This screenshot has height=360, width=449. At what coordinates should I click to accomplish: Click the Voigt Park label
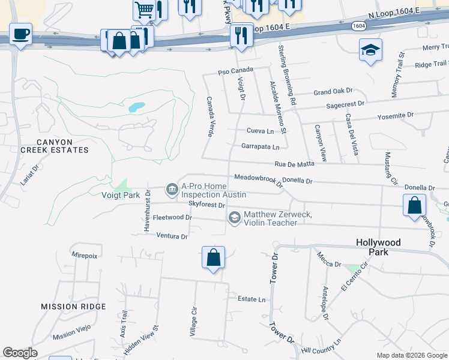click(x=121, y=195)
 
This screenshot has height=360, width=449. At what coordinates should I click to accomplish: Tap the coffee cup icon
click(x=20, y=34)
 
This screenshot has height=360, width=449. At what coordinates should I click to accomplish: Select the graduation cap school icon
click(x=370, y=50)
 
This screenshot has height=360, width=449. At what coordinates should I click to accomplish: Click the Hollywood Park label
click(x=378, y=247)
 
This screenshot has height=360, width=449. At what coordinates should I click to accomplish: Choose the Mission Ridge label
click(x=73, y=307)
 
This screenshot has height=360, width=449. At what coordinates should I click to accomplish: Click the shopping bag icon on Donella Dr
click(x=414, y=205)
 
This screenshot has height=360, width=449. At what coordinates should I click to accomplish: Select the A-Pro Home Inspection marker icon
click(x=172, y=190)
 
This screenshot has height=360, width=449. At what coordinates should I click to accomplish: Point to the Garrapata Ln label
click(x=260, y=146)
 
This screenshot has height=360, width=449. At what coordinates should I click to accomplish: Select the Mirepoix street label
click(x=85, y=255)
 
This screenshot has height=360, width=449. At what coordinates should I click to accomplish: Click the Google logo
click(x=20, y=353)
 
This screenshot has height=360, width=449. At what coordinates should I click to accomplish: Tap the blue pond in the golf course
click(x=136, y=108)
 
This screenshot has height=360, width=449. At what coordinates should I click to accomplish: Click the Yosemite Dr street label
click(x=395, y=115)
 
